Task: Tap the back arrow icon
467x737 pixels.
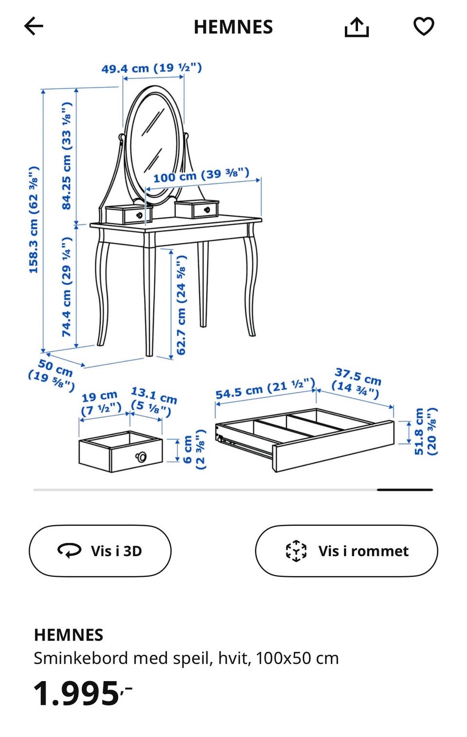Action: (34, 26)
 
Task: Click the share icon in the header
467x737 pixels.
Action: (357, 27)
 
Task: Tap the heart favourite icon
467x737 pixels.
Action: (424, 26)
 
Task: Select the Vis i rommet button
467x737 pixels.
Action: (346, 551)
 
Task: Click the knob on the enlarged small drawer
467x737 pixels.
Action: (141, 457)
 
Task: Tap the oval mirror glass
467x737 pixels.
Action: (154, 145)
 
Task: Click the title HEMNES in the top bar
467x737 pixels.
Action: (233, 27)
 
